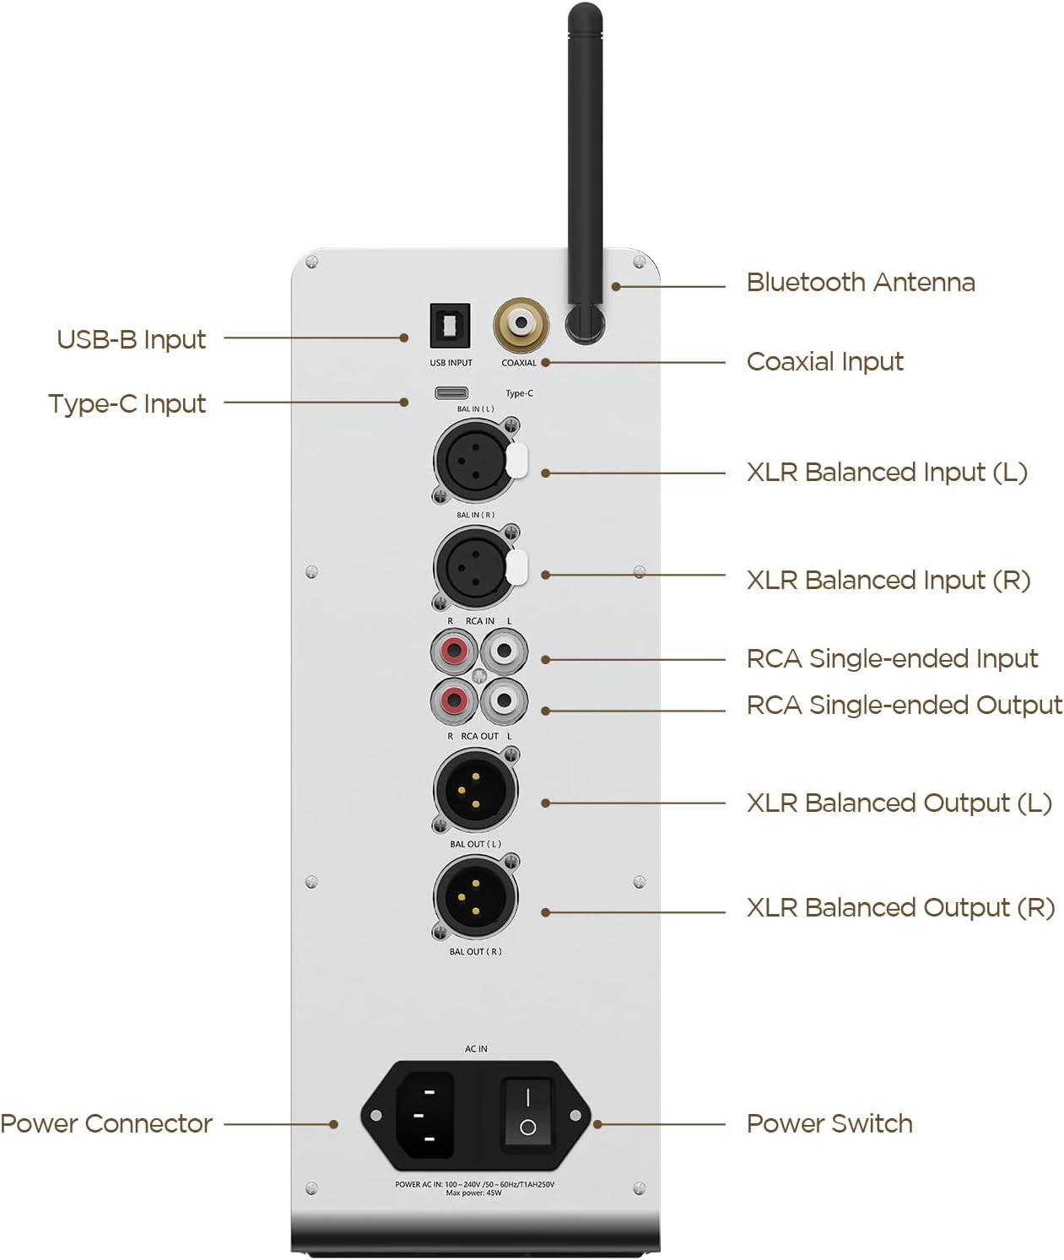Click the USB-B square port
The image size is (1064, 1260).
point(451,326)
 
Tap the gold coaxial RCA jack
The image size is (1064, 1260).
point(520,324)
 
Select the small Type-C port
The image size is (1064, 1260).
point(452,392)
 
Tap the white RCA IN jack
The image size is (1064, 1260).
point(504,652)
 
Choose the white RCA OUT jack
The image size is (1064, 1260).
point(504,700)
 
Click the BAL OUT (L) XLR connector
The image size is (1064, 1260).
point(474,791)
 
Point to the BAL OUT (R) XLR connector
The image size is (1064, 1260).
point(474,897)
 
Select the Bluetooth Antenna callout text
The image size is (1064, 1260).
point(860,283)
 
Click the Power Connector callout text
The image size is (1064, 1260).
point(106,1124)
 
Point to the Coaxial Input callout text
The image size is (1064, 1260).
point(824,362)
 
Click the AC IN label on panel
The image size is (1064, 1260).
point(476,1049)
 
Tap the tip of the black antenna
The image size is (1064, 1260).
point(585,12)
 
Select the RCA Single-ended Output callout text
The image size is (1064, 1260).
point(904,706)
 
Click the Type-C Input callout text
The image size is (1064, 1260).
point(127,404)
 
